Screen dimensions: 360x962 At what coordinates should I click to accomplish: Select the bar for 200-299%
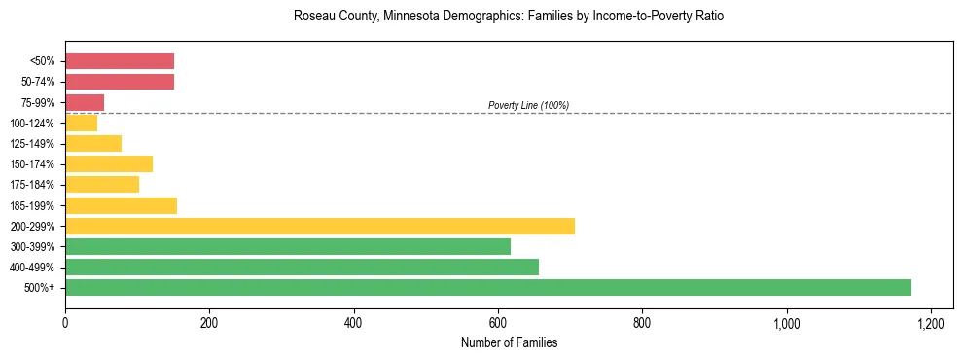[320, 226]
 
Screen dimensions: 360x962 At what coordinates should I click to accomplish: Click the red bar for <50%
[120, 61]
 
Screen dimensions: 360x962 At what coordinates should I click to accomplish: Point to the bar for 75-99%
[85, 102]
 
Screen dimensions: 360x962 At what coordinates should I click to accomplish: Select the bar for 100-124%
[82, 123]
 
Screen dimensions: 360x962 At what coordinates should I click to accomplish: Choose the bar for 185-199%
[121, 205]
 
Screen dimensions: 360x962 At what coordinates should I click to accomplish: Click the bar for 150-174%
[109, 163]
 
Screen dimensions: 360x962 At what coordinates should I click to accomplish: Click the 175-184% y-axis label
[34, 185]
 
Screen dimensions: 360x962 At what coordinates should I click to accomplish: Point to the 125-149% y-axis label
[34, 144]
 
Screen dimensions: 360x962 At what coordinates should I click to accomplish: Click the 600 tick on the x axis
[498, 322]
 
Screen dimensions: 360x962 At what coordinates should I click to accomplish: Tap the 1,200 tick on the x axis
[931, 322]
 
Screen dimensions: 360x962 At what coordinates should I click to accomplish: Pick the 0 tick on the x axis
[65, 322]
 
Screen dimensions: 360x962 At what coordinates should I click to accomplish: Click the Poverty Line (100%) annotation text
[528, 105]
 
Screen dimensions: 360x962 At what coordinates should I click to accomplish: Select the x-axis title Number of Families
[509, 342]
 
